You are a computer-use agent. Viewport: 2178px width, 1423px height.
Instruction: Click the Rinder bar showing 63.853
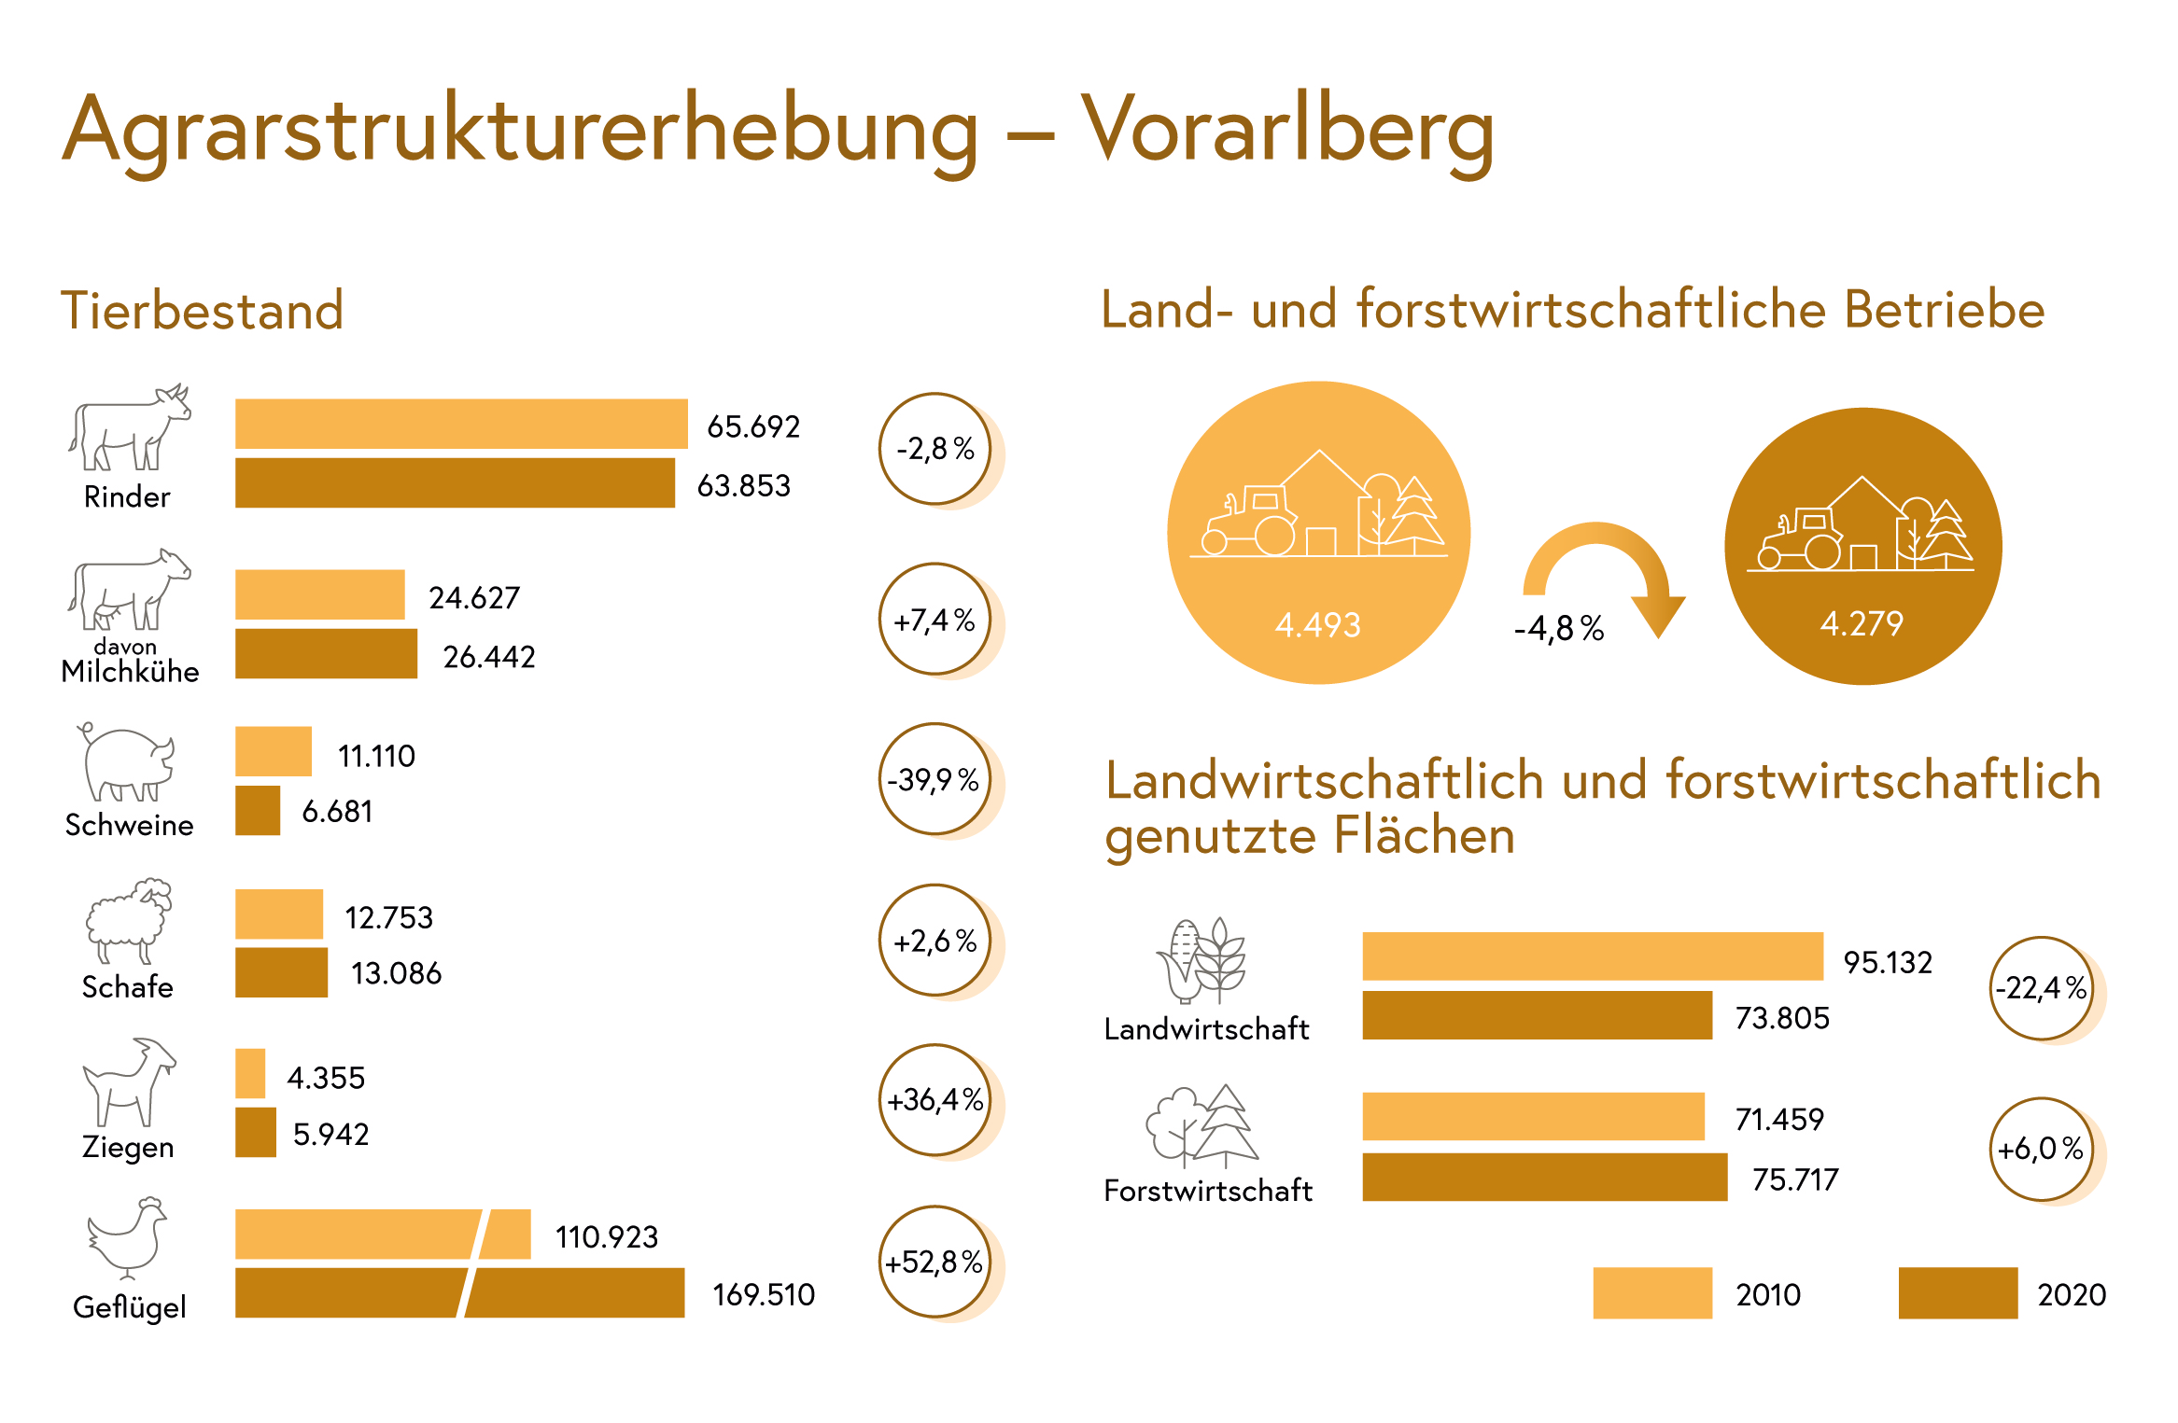click(455, 482)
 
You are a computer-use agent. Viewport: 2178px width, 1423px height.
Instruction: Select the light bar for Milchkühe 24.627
click(320, 594)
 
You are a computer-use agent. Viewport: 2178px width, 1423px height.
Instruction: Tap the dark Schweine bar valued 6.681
click(258, 810)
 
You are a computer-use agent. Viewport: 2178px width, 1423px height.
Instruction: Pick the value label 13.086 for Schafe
click(396, 973)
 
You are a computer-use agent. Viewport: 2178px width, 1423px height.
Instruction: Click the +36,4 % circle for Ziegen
click(934, 1100)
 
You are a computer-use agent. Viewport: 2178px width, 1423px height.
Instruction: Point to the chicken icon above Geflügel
click(127, 1237)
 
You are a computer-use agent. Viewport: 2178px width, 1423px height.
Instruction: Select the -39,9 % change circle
click(934, 779)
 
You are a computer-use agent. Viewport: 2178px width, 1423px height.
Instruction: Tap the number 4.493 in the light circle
click(1318, 624)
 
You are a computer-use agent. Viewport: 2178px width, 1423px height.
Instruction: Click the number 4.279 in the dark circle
click(1862, 622)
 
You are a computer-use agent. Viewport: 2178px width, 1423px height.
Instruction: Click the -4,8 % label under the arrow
click(1559, 628)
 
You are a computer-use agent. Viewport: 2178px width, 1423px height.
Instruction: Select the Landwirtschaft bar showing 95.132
click(1593, 956)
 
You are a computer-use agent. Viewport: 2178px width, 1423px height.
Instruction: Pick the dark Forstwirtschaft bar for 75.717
click(1545, 1177)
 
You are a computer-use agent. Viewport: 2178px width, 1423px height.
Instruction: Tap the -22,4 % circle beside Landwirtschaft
click(2042, 988)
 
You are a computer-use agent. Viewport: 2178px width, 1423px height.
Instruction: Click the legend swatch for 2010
click(1652, 1292)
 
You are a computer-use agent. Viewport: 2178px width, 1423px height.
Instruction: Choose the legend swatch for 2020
click(1958, 1292)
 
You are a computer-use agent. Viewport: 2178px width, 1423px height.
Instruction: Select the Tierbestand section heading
click(202, 310)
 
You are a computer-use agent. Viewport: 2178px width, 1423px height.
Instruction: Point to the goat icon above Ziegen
click(129, 1081)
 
